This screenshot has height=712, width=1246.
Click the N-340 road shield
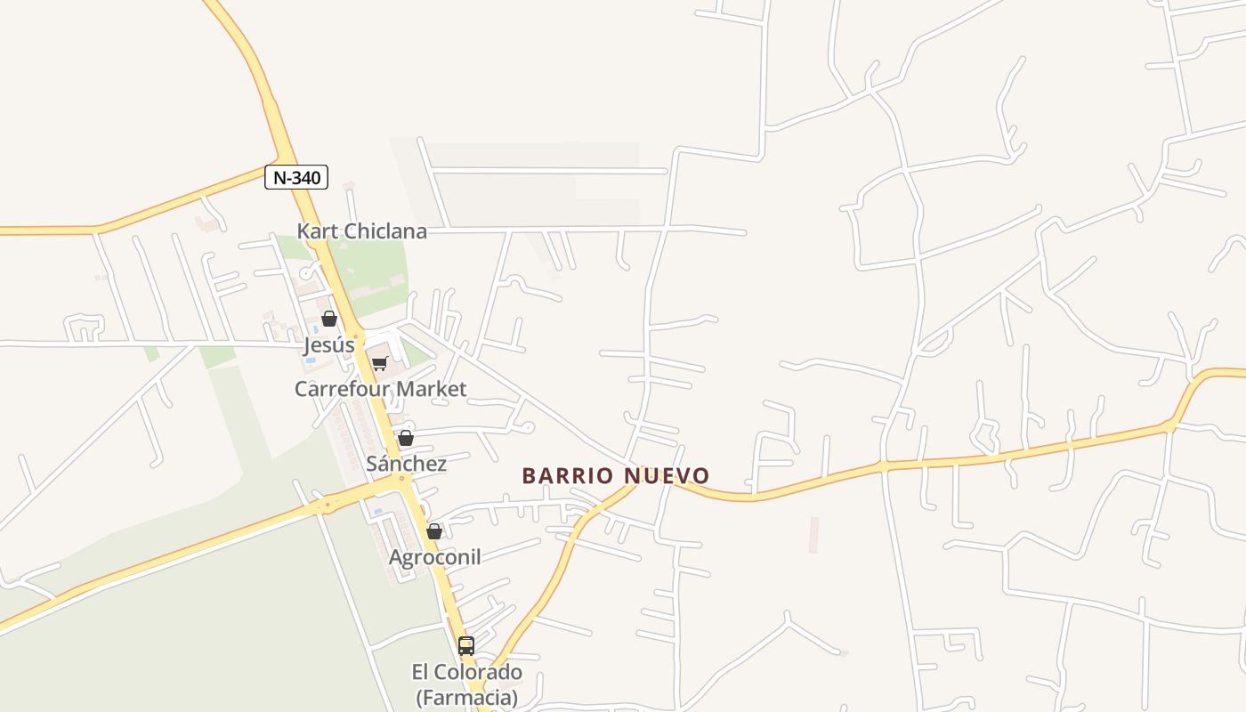click(296, 177)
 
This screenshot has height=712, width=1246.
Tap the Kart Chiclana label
click(361, 231)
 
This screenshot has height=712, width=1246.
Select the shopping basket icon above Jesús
click(329, 319)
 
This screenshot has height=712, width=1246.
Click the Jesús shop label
click(329, 344)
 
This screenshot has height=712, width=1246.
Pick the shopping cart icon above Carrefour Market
click(380, 363)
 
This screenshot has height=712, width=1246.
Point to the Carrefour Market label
click(380, 389)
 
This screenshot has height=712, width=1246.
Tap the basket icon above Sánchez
click(406, 438)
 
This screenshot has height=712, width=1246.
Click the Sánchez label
click(406, 464)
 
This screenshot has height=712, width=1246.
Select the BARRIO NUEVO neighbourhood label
click(616, 475)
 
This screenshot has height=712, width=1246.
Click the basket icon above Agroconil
click(434, 531)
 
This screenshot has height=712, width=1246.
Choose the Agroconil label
click(434, 557)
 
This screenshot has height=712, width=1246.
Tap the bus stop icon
click(466, 646)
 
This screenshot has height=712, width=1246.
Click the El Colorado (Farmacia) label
click(466, 684)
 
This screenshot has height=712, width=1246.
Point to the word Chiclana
click(385, 231)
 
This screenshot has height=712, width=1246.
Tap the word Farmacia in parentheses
click(466, 697)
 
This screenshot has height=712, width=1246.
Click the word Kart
click(317, 231)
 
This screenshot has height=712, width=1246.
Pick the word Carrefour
click(344, 389)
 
